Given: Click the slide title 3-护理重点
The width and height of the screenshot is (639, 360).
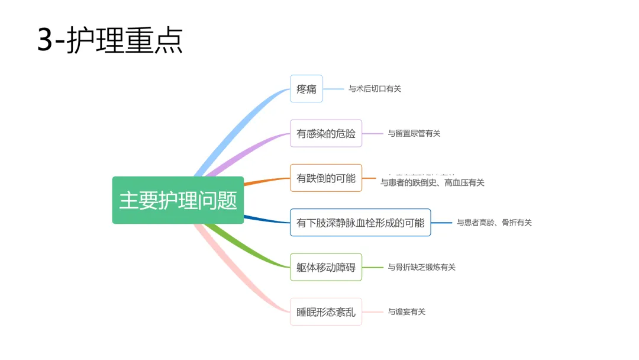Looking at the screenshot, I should pyautogui.click(x=110, y=40).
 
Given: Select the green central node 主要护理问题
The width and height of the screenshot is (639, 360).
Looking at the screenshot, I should pyautogui.click(x=177, y=200).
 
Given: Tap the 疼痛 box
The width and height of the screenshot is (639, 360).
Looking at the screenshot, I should pyautogui.click(x=306, y=89).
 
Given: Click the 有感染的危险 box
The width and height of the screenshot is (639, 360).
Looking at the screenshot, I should pyautogui.click(x=325, y=133).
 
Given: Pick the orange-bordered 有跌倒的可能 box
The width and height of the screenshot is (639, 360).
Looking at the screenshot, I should pyautogui.click(x=325, y=178).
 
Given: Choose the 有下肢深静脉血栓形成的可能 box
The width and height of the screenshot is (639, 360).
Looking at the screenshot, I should pyautogui.click(x=360, y=223).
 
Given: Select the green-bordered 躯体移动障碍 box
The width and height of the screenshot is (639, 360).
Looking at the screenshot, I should pyautogui.click(x=325, y=267).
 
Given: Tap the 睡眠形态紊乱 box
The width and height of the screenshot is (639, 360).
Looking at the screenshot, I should pyautogui.click(x=325, y=311).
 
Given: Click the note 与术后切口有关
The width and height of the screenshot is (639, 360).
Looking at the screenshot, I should pyautogui.click(x=375, y=89).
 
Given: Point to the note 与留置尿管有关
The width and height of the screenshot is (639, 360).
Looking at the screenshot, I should pyautogui.click(x=414, y=133).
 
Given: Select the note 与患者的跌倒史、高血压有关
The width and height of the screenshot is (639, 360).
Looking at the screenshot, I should pyautogui.click(x=432, y=183).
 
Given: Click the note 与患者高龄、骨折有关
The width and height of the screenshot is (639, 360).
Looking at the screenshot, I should pyautogui.click(x=494, y=223).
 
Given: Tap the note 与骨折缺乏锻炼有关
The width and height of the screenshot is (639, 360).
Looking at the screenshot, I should pyautogui.click(x=421, y=267).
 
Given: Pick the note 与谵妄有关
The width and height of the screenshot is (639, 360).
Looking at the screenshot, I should pyautogui.click(x=406, y=311).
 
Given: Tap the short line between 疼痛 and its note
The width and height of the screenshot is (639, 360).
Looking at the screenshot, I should pyautogui.click(x=333, y=89).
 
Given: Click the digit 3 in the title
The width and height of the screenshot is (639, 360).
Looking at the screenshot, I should pyautogui.click(x=45, y=40).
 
